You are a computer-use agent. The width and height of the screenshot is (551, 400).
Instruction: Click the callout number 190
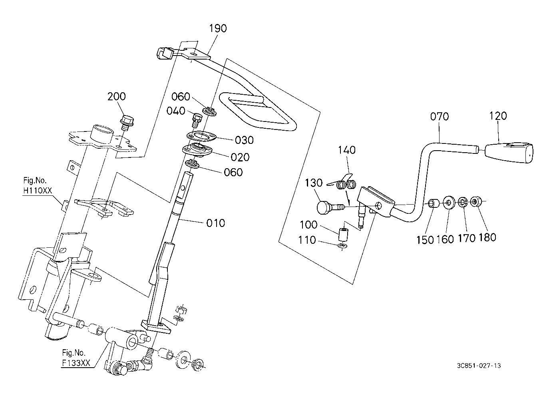218,28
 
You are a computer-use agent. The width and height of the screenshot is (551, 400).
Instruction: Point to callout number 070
440,116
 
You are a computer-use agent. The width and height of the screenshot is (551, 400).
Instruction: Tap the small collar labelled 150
434,203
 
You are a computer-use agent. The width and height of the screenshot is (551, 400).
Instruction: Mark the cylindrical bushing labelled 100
343,235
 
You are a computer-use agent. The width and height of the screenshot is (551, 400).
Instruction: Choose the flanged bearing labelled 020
197,150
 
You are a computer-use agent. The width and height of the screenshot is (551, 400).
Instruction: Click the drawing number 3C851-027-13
479,366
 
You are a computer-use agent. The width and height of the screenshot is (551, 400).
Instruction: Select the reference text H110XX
38,190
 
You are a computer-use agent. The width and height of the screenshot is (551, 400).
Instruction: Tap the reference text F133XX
76,363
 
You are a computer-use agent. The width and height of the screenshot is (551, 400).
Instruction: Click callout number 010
215,223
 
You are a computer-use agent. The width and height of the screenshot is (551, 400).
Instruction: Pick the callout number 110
307,240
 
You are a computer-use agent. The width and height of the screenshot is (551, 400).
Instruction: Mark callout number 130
314,183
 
